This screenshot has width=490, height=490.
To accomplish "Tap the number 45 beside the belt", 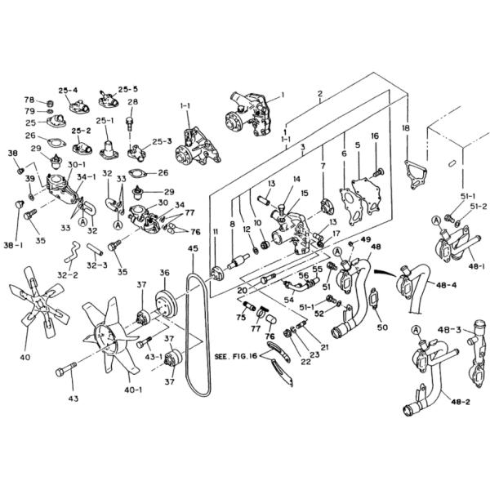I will (x=193, y=248).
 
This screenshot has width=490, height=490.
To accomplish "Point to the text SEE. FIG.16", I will (x=235, y=357).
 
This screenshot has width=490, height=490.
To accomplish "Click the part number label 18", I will (x=406, y=128).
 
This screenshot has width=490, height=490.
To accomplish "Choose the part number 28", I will (x=132, y=102).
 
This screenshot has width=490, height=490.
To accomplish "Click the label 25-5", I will (x=128, y=88).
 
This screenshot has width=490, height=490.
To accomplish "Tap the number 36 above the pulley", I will (x=164, y=273).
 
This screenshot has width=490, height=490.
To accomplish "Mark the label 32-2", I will (x=69, y=275).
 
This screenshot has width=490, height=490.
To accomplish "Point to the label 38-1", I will (x=14, y=243).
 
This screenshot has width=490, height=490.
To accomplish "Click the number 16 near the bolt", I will (x=376, y=136).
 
